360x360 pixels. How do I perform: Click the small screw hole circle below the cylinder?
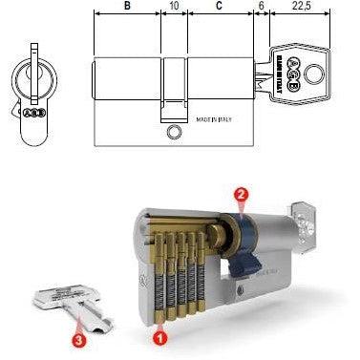173,132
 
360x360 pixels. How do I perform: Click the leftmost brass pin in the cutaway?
161,277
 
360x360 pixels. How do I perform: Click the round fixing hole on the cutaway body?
240,290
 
